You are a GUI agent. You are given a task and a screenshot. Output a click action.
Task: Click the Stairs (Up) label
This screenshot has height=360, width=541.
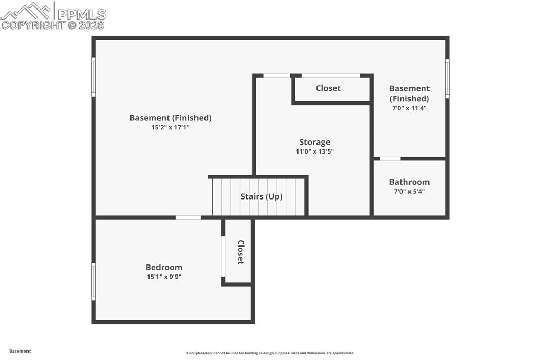pyautogui.click(x=261, y=196)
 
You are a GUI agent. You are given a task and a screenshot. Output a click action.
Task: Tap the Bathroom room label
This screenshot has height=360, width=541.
pyautogui.click(x=409, y=182)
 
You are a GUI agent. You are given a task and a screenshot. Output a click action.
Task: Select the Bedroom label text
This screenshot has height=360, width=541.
pyautogui.click(x=164, y=267)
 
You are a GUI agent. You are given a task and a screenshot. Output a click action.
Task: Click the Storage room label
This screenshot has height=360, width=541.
pyautogui.click(x=314, y=142)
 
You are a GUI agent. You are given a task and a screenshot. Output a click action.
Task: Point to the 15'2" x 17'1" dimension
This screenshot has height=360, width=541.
pyautogui.click(x=170, y=127)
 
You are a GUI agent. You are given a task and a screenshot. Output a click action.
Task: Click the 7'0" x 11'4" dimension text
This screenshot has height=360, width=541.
pyautogui.click(x=409, y=108)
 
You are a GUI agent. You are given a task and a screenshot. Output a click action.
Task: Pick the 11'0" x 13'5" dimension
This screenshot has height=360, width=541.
pyautogui.click(x=314, y=151)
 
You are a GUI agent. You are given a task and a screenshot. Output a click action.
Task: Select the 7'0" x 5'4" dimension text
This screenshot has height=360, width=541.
pyautogui.click(x=409, y=191)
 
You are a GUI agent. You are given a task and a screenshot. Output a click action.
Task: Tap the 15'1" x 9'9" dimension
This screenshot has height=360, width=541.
pyautogui.click(x=164, y=277)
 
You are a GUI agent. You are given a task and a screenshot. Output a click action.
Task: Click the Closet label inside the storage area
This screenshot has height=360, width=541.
pyautogui.click(x=328, y=88)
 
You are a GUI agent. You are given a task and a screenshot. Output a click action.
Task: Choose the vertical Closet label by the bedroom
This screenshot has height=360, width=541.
pyautogui.click(x=240, y=252)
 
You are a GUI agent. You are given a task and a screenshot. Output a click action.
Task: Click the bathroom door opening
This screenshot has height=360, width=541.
pyautogui.click(x=390, y=158)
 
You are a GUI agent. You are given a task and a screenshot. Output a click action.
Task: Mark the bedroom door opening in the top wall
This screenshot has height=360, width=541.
pyautogui.click(x=188, y=217)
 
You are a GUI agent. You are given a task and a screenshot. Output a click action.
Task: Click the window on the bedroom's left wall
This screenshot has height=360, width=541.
pyautogui.click(x=94, y=282)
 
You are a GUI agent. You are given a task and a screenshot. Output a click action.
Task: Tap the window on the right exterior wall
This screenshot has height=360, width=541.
pyautogui.click(x=447, y=79)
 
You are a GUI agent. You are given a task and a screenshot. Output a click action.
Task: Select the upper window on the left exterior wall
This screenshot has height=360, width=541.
pyautogui.click(x=94, y=77)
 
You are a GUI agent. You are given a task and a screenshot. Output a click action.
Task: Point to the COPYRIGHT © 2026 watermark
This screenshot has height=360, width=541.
pyautogui.click(x=53, y=25)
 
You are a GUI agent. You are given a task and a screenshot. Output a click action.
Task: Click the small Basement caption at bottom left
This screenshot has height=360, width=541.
pyautogui.click(x=20, y=351)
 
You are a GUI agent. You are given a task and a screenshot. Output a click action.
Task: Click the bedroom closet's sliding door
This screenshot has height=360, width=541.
pyautogui.click(x=223, y=257)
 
